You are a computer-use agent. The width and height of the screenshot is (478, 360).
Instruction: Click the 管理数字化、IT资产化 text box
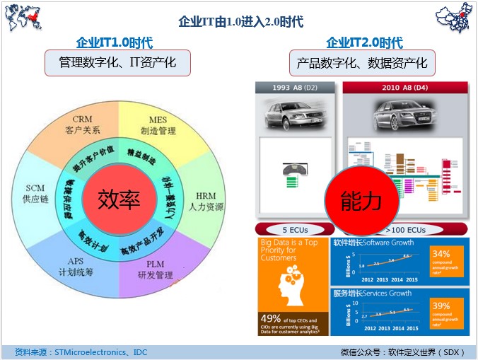click(117, 63)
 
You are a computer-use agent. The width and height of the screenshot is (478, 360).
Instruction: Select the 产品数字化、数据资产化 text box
click(362, 63)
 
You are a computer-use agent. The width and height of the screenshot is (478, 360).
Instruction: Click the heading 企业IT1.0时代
click(114, 42)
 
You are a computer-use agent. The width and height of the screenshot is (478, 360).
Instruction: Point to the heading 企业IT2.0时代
click(364, 42)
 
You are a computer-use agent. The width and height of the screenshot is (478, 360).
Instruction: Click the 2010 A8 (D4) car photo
click(404, 113)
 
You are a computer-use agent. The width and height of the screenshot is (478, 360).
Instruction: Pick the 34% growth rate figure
click(441, 253)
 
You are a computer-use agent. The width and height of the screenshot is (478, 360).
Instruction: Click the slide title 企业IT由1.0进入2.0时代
click(240, 22)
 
